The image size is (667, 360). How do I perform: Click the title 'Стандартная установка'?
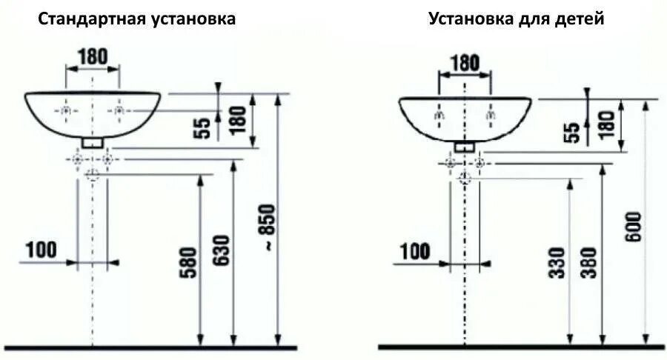click(x=138, y=19)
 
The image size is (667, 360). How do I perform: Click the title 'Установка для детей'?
click(x=516, y=19)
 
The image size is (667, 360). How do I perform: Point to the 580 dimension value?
click(x=189, y=263)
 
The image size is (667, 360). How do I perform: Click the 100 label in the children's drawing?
click(x=414, y=251)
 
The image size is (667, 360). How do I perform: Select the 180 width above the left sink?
click(x=93, y=56)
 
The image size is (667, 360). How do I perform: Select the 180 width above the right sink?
click(x=465, y=62)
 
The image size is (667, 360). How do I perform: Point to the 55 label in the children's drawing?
click(x=572, y=132)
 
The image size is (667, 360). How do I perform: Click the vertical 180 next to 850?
click(x=239, y=119)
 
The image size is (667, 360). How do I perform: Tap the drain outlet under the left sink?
click(x=92, y=141)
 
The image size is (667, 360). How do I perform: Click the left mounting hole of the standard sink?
click(x=66, y=111)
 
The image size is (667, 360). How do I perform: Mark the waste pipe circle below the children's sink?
click(x=465, y=177)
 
